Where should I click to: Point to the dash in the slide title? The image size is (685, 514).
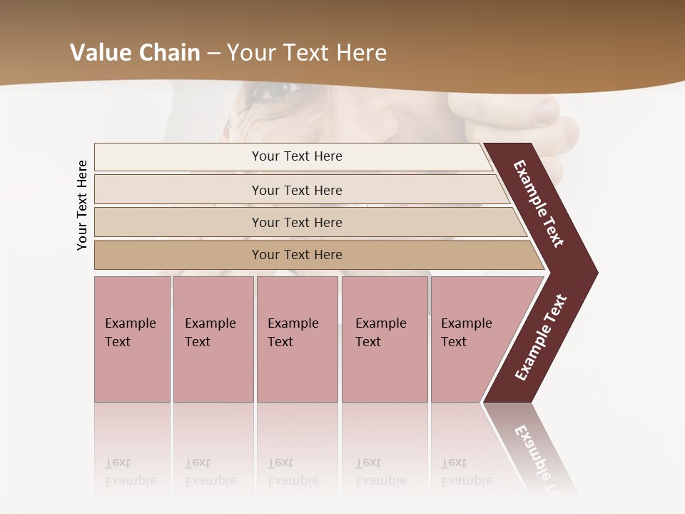pos(213,54)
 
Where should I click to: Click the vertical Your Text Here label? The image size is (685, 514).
pos(82,206)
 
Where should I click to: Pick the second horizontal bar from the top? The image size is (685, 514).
pos(297,190)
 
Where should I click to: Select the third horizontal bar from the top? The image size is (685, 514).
pos(297,222)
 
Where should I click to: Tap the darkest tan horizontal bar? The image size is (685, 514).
pos(297,255)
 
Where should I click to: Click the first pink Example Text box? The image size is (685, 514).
pos(132,338)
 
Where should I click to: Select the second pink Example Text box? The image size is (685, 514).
pos(213,338)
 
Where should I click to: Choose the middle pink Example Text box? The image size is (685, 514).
pos(297,338)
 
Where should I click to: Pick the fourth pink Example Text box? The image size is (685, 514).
pos(385,338)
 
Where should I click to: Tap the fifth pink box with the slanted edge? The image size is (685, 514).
pos(471,338)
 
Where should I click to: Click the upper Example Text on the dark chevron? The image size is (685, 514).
pos(539,203)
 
